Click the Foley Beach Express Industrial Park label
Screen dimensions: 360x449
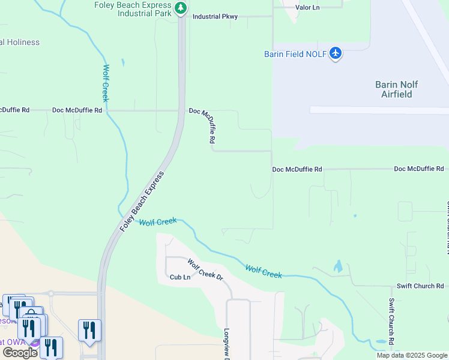click(132, 9)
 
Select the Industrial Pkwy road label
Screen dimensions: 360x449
click(215, 17)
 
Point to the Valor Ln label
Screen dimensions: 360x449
click(308, 7)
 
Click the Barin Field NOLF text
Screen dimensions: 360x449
click(295, 54)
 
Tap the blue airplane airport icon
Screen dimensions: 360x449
click(335, 53)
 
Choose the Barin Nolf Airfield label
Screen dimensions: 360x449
click(397, 89)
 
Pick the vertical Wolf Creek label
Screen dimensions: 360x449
click(106, 83)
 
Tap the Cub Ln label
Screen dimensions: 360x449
click(179, 277)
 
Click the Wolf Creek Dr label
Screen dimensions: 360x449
click(205, 271)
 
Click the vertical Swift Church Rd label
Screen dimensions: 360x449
click(391, 322)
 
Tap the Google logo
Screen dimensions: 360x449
click(20, 353)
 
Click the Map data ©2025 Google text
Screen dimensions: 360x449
click(411, 355)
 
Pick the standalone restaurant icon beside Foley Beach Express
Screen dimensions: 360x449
click(89, 330)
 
